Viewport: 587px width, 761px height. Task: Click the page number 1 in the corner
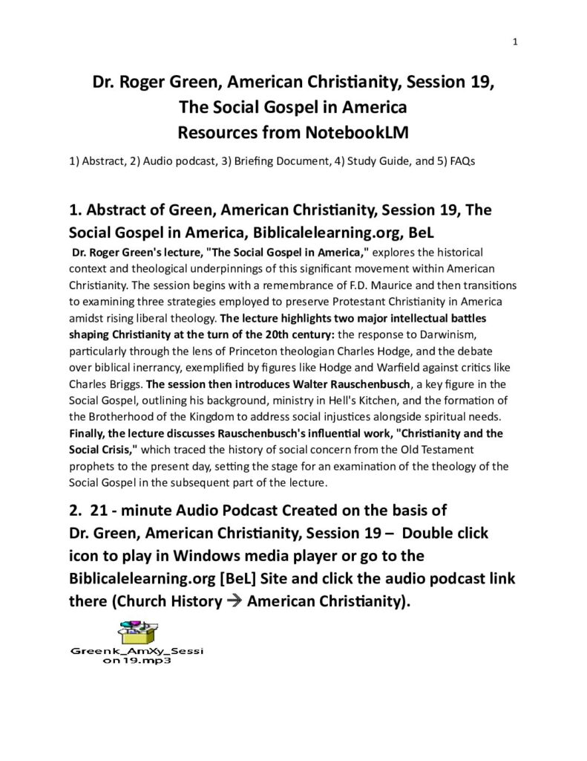tap(515, 42)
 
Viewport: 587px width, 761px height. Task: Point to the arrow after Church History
tap(235, 601)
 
